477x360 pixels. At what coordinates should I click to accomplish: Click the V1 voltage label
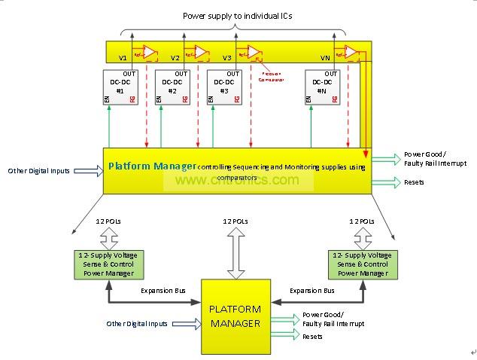[123, 56]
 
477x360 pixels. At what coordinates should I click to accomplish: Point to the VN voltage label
[325, 56]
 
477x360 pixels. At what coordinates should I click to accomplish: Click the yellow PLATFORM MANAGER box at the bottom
[235, 316]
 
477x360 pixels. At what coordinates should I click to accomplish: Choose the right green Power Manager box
[360, 264]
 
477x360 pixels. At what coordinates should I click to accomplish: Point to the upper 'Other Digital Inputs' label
[38, 171]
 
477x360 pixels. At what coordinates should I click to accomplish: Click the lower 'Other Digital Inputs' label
[137, 324]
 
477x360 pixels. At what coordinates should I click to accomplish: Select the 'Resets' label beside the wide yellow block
[414, 182]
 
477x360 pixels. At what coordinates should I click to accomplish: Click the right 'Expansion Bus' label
[312, 289]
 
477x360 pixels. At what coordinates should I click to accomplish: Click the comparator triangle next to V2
[202, 52]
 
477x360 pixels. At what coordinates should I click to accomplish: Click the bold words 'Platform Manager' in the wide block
[152, 166]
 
